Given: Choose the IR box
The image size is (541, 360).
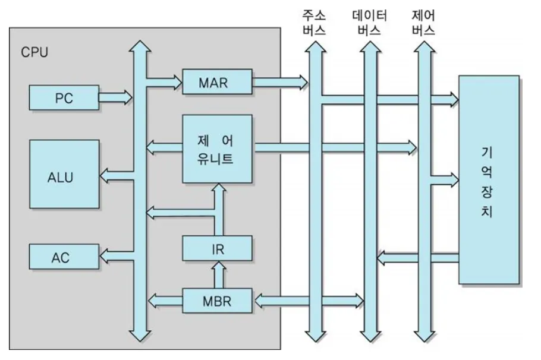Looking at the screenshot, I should coord(217,248).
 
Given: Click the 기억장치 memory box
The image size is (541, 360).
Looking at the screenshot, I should coord(489,179).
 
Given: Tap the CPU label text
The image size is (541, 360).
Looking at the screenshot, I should coord(34,52).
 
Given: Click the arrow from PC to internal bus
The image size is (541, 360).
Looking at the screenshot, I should coord(115,97).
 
